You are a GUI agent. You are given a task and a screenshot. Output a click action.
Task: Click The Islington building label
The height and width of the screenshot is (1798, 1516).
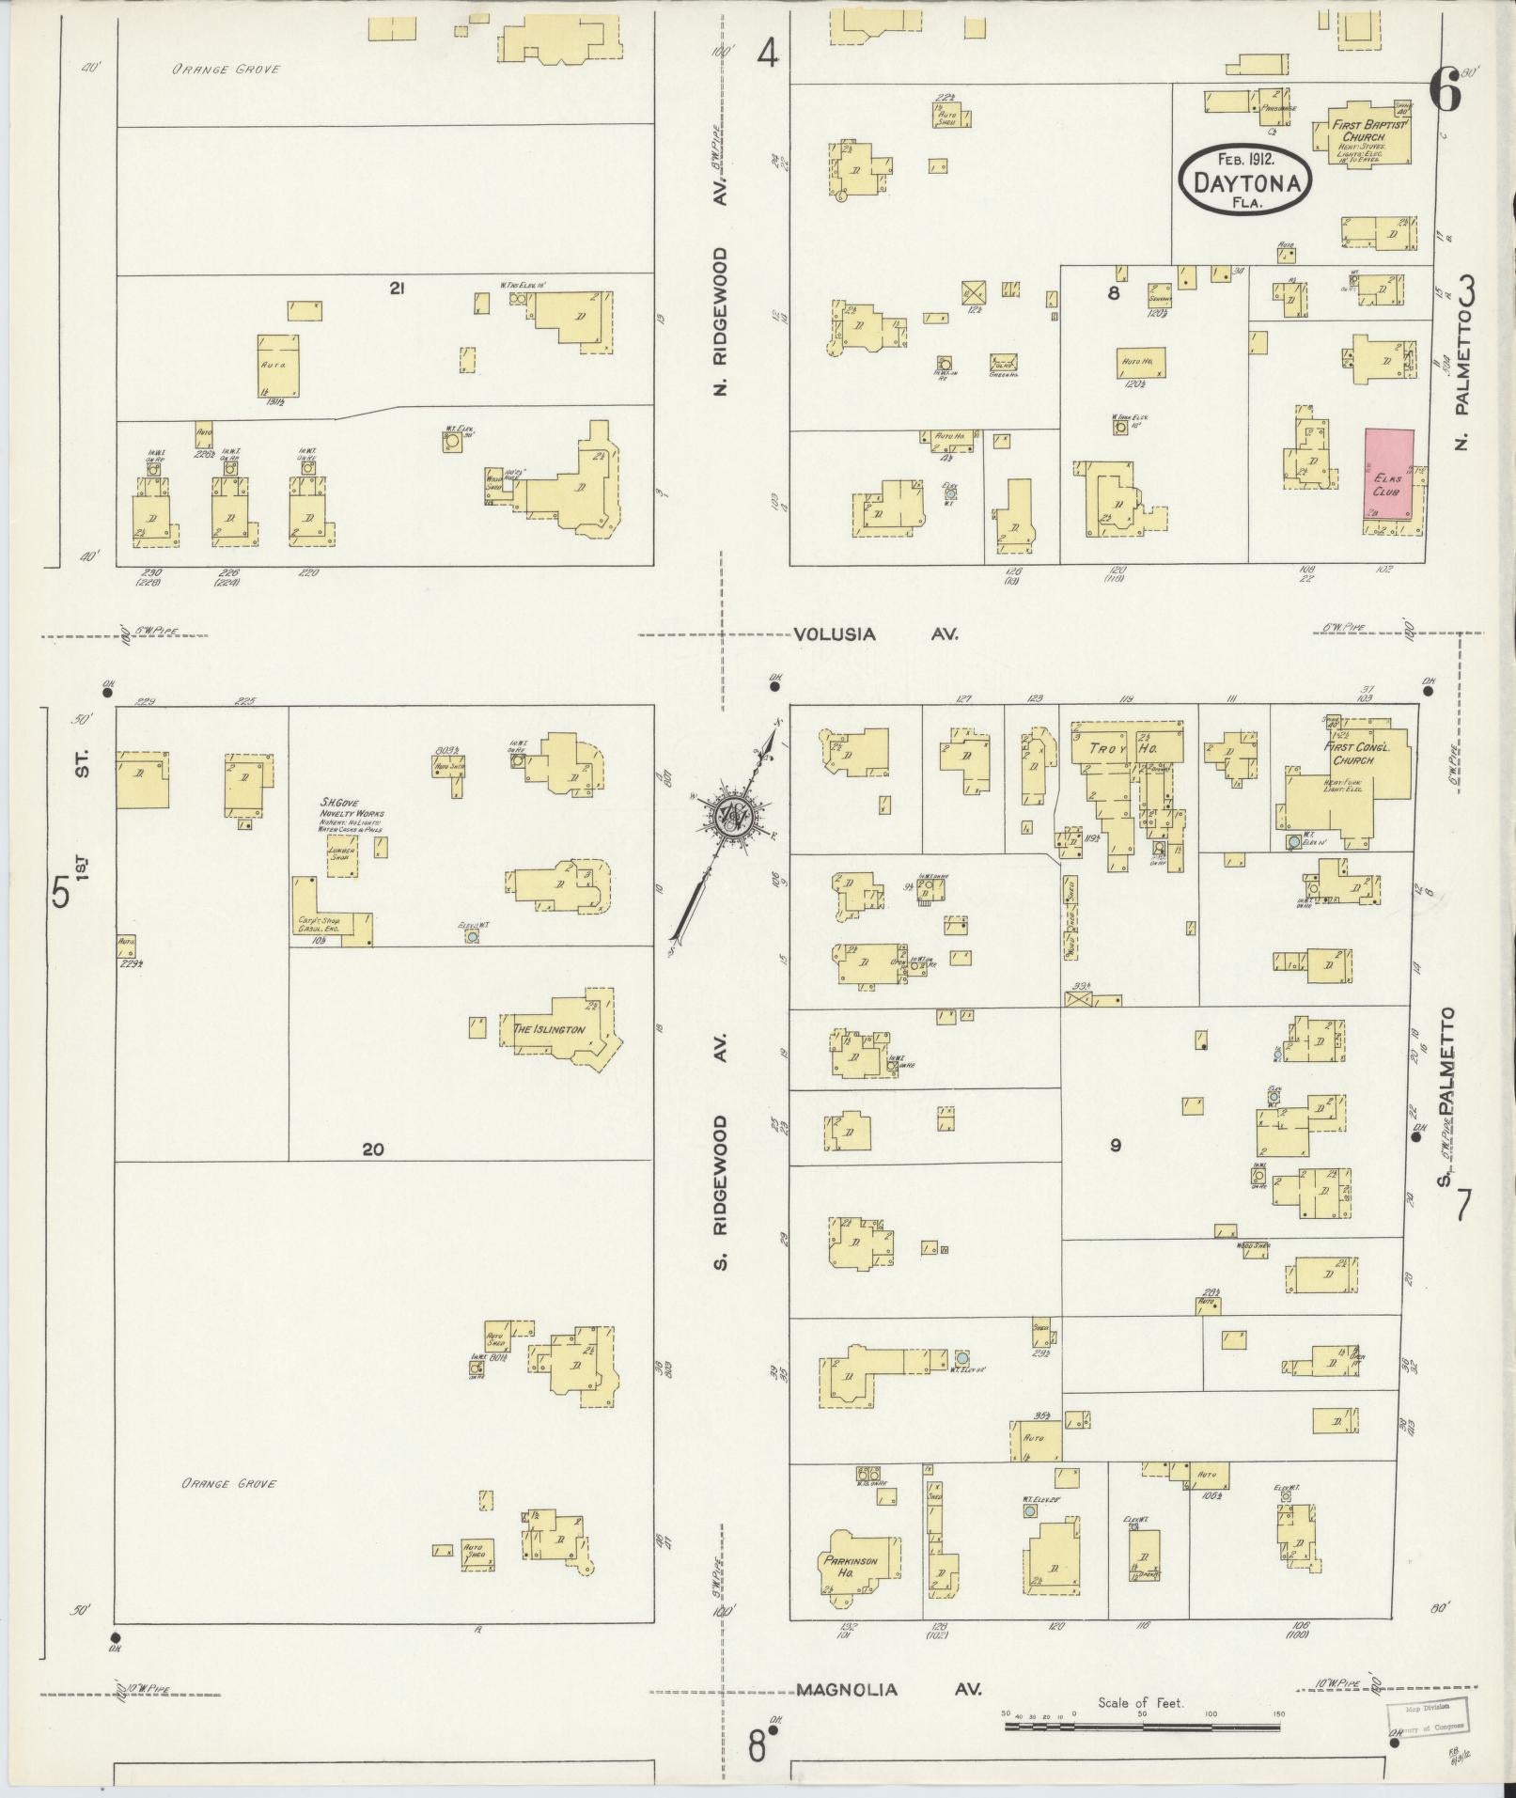(x=549, y=1029)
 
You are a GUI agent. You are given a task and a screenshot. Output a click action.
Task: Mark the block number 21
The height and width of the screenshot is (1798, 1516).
(x=397, y=289)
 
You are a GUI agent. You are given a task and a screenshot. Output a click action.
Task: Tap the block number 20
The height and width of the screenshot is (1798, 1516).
(x=373, y=1149)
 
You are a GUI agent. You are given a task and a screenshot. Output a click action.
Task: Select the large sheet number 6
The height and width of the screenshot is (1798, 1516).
(x=1444, y=91)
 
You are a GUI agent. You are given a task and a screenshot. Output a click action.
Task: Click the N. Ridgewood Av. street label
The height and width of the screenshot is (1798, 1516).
(x=722, y=322)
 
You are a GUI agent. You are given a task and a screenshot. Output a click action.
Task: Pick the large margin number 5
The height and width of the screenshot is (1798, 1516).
(x=61, y=893)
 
